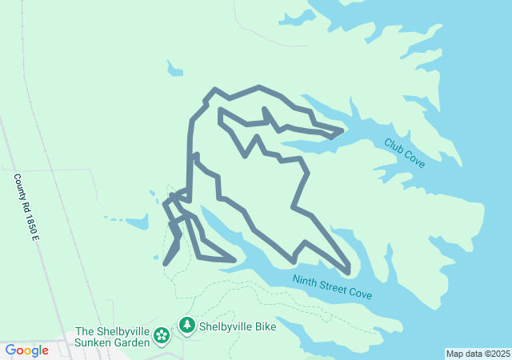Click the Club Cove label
point(404,152)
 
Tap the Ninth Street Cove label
point(332,287)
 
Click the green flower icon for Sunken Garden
point(162,335)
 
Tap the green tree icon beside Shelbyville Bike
point(187,326)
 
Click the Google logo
point(27,350)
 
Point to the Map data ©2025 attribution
point(478,354)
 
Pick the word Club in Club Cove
point(394,146)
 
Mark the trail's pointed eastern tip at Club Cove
point(342,130)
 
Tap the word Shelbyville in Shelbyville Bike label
point(226,326)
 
